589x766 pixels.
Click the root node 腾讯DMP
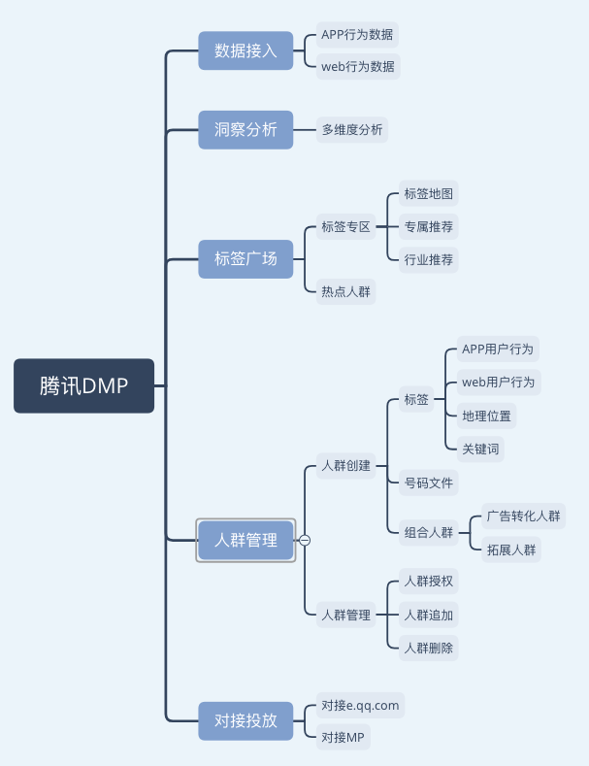(x=83, y=385)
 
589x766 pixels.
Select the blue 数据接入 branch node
(x=245, y=50)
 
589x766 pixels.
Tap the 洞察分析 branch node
(x=245, y=129)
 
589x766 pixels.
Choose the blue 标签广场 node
(x=245, y=258)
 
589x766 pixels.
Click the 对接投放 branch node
(x=245, y=721)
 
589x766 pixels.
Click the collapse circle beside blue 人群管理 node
(x=305, y=541)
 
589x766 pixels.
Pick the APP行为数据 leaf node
(x=357, y=35)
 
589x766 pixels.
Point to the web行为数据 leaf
(x=357, y=67)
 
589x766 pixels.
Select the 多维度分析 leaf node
(x=352, y=129)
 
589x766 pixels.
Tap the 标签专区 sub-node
(x=345, y=227)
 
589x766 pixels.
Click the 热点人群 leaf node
(x=345, y=290)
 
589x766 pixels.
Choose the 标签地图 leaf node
(x=428, y=193)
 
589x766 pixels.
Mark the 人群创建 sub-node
(x=345, y=465)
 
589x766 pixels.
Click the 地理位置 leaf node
(x=486, y=416)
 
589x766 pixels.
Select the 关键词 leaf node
(x=481, y=448)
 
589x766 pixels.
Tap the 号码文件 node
(x=428, y=483)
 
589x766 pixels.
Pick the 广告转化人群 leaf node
(x=523, y=516)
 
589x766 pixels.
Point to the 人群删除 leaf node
(x=428, y=648)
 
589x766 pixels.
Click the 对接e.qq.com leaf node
(x=360, y=705)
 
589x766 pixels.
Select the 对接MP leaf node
(x=343, y=737)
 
